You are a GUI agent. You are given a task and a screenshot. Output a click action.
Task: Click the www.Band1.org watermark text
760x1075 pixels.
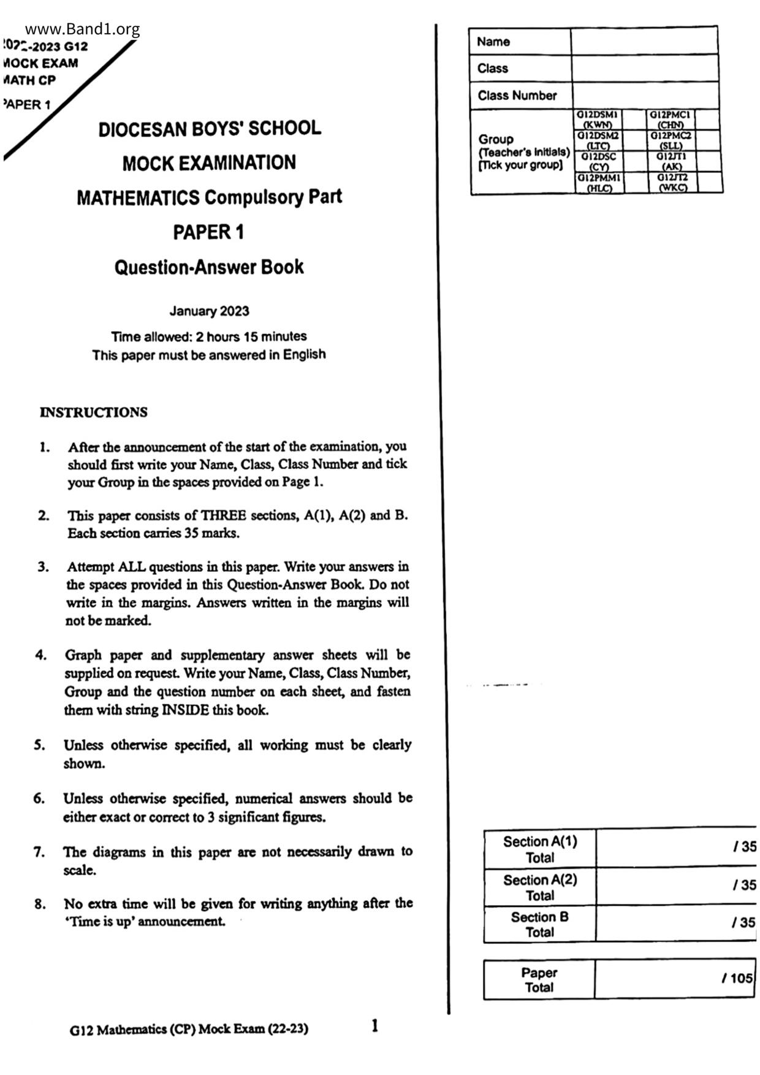83,29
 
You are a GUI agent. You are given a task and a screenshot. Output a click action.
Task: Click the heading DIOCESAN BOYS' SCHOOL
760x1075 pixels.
210,129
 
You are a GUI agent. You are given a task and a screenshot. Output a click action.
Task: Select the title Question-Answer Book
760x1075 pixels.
209,267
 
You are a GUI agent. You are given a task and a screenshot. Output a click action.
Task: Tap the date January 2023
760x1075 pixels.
209,311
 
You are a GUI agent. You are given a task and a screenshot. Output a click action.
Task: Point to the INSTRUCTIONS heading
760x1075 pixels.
94,412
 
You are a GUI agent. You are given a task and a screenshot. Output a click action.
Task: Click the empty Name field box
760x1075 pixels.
644,42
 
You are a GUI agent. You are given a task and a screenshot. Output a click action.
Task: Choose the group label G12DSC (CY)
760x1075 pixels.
598,161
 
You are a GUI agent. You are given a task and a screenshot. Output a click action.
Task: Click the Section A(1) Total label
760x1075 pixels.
540,849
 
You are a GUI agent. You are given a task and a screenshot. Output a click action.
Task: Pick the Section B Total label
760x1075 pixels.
540,924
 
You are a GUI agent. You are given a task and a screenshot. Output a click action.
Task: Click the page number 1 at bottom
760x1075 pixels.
374,1025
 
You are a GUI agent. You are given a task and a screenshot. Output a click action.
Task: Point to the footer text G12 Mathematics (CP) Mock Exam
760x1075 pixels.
189,1029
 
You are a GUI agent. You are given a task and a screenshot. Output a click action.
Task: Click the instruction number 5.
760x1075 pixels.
39,745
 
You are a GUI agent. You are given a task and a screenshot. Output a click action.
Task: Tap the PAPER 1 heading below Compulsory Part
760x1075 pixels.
208,232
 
